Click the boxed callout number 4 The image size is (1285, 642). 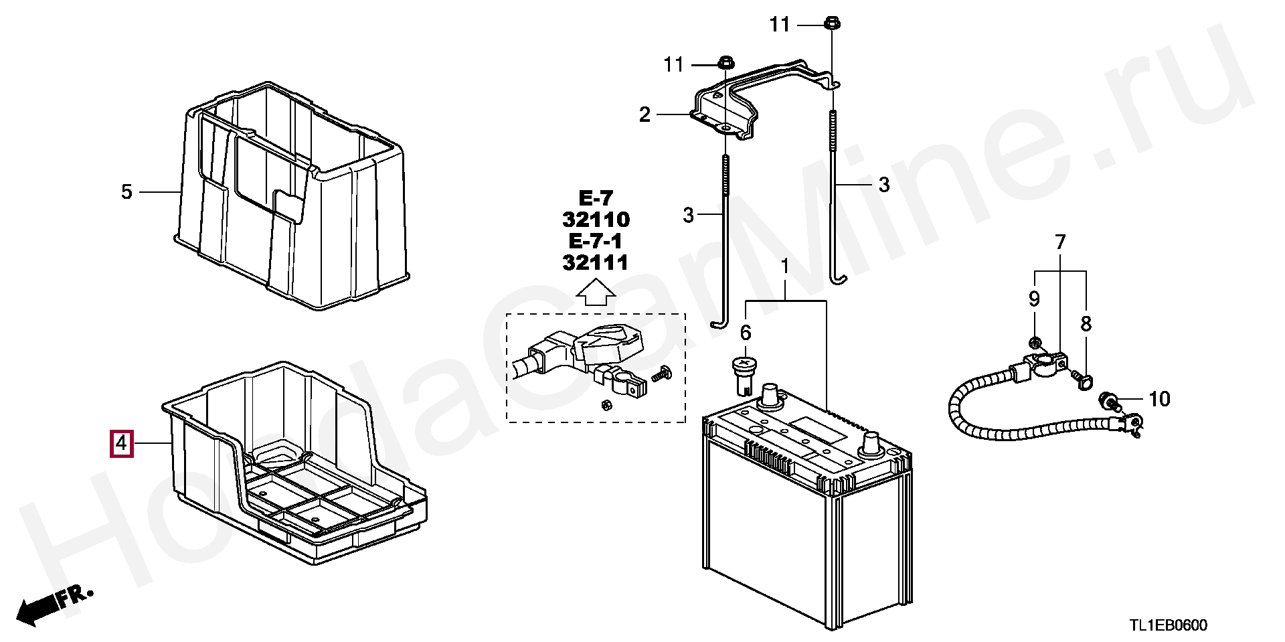pyautogui.click(x=121, y=443)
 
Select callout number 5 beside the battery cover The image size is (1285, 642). pyautogui.click(x=127, y=192)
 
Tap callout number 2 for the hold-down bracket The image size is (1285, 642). pyautogui.click(x=645, y=115)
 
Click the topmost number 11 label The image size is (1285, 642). pyautogui.click(x=779, y=25)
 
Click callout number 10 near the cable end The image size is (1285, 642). pyautogui.click(x=1159, y=400)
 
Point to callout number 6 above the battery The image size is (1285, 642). pyautogui.click(x=746, y=333)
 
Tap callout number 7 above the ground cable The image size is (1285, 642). pyautogui.click(x=1060, y=242)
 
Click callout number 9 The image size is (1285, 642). pyautogui.click(x=1034, y=299)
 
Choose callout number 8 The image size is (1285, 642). pyautogui.click(x=1086, y=324)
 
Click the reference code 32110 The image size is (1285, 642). pyautogui.click(x=596, y=220)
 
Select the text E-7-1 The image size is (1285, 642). pyautogui.click(x=596, y=241)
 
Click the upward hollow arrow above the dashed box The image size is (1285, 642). pyautogui.click(x=596, y=293)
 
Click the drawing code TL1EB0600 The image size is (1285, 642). pyautogui.click(x=1168, y=625)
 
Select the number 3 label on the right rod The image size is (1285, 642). pyautogui.click(x=883, y=185)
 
